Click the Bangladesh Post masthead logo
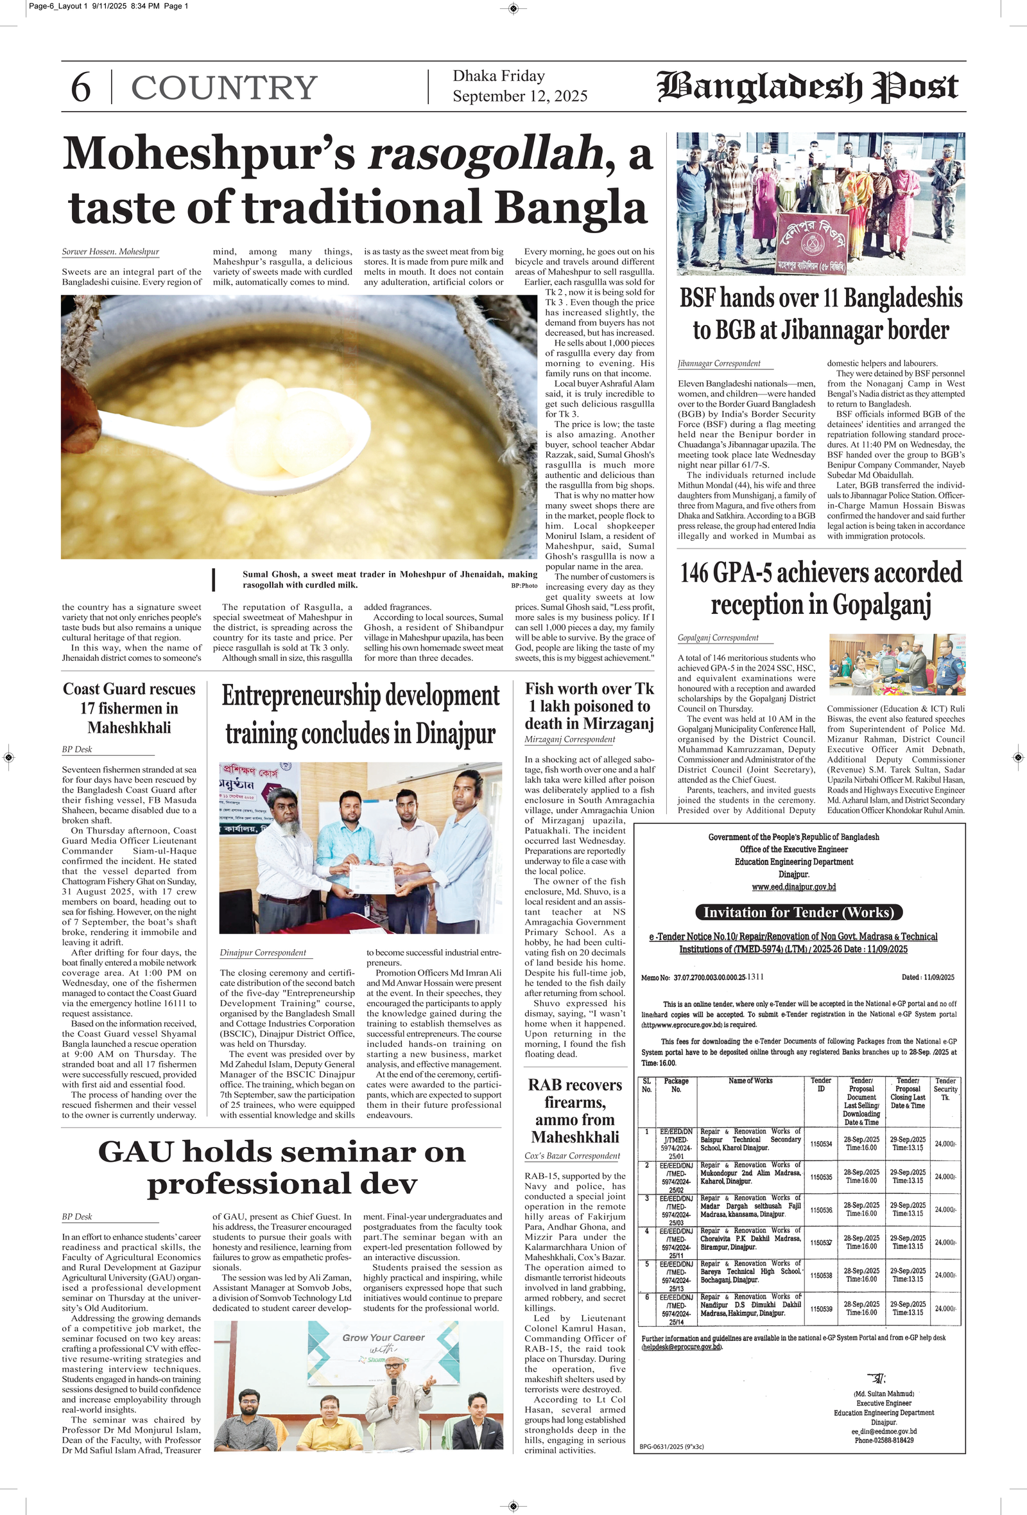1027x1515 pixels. pyautogui.click(x=807, y=87)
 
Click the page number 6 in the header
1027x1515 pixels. pyautogui.click(x=80, y=87)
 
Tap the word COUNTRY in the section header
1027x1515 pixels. pyautogui.click(x=224, y=88)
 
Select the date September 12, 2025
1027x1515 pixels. pyautogui.click(x=519, y=96)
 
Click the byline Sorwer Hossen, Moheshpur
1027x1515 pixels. pyautogui.click(x=110, y=252)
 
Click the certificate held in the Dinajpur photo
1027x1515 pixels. pyautogui.click(x=372, y=878)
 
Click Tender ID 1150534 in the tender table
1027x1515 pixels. pyautogui.click(x=820, y=1143)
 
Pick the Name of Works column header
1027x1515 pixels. pyautogui.click(x=750, y=1081)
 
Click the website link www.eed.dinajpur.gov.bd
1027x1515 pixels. pyautogui.click(x=793, y=886)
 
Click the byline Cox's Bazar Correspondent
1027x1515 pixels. pyautogui.click(x=571, y=1156)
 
